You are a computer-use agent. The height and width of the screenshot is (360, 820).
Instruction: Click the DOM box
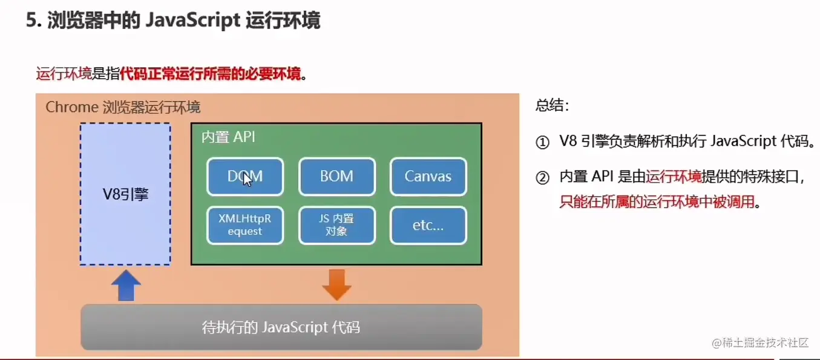pyautogui.click(x=245, y=177)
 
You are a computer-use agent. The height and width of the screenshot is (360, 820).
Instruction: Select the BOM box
pyautogui.click(x=336, y=177)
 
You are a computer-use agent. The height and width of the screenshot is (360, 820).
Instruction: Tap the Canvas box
pyautogui.click(x=428, y=177)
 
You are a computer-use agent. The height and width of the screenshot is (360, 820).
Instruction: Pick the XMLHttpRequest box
pyautogui.click(x=245, y=225)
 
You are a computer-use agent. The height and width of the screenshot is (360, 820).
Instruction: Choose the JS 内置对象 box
pyautogui.click(x=336, y=225)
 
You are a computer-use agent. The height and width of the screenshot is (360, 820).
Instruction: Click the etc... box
pyautogui.click(x=428, y=225)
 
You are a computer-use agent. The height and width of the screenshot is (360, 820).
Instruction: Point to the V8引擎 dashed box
pyautogui.click(x=125, y=194)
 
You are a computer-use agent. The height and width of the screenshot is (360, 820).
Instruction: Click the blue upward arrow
pyautogui.click(x=126, y=285)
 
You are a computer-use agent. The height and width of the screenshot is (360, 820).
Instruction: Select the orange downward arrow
pyautogui.click(x=336, y=284)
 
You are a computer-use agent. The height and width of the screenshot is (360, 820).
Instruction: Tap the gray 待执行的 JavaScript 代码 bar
pyautogui.click(x=281, y=327)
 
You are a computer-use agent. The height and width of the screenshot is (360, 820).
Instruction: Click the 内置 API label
pyautogui.click(x=228, y=137)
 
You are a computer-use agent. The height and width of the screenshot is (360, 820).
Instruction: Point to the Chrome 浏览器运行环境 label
pyautogui.click(x=123, y=108)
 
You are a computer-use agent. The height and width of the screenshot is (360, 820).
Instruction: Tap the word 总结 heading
pyautogui.click(x=551, y=106)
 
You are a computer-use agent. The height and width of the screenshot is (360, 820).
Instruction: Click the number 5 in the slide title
pyautogui.click(x=31, y=21)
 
